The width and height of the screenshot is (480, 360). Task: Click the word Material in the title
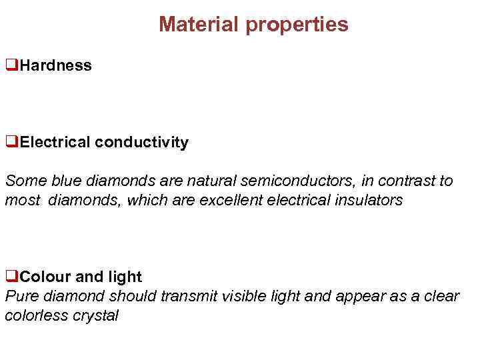point(199,25)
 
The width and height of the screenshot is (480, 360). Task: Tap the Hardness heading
point(56,65)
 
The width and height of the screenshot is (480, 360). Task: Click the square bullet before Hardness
point(11,65)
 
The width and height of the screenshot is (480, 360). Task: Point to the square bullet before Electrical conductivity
point(11,142)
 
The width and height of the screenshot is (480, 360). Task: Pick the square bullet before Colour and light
point(11,277)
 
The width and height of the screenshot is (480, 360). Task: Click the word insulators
point(369,200)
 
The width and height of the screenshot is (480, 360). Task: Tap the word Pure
point(21,296)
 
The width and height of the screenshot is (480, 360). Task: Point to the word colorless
point(34,315)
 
